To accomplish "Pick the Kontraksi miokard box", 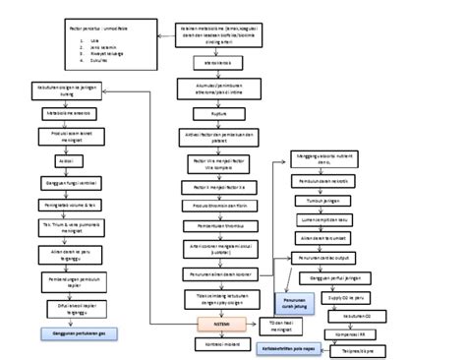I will pos(218,346).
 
